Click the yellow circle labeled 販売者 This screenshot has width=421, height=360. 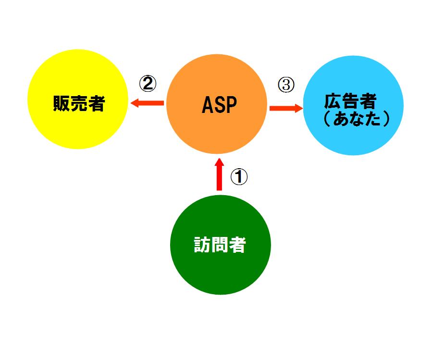(78, 99)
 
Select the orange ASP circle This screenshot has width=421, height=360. (217, 104)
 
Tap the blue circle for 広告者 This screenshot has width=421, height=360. (353, 105)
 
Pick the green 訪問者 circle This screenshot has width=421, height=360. (221, 245)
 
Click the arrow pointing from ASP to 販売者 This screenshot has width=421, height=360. (147, 103)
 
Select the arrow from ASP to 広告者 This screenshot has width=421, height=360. (286, 108)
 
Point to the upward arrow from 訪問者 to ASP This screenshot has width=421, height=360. (219, 174)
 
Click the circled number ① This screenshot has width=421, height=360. (239, 177)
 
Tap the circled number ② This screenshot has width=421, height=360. (148, 84)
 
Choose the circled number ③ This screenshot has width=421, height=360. (286, 85)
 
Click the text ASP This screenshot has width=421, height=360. (219, 105)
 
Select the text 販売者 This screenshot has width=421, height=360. (79, 103)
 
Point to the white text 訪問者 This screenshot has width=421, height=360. (220, 245)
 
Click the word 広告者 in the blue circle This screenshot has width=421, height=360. (350, 101)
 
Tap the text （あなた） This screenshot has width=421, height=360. (357, 119)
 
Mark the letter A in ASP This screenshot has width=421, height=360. (207, 105)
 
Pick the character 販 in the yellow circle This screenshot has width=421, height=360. (62, 103)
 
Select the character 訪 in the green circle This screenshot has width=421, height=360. (202, 245)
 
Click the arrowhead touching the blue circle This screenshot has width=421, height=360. (299, 108)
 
